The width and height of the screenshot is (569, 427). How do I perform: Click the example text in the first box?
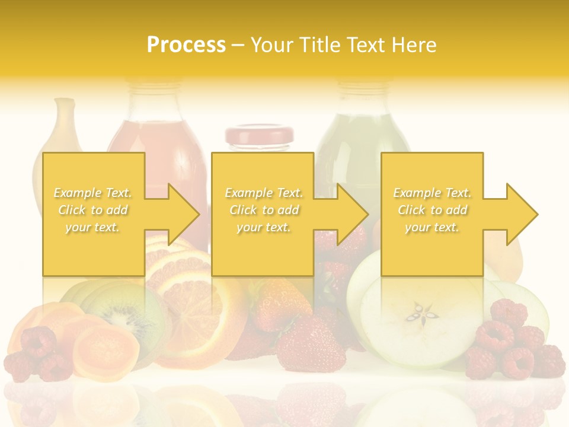[x=93, y=210]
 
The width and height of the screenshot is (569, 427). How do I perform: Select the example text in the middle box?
[x=264, y=210]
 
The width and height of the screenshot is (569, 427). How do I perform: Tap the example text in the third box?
[x=432, y=210]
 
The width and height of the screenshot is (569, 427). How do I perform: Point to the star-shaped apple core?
[x=421, y=313]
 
